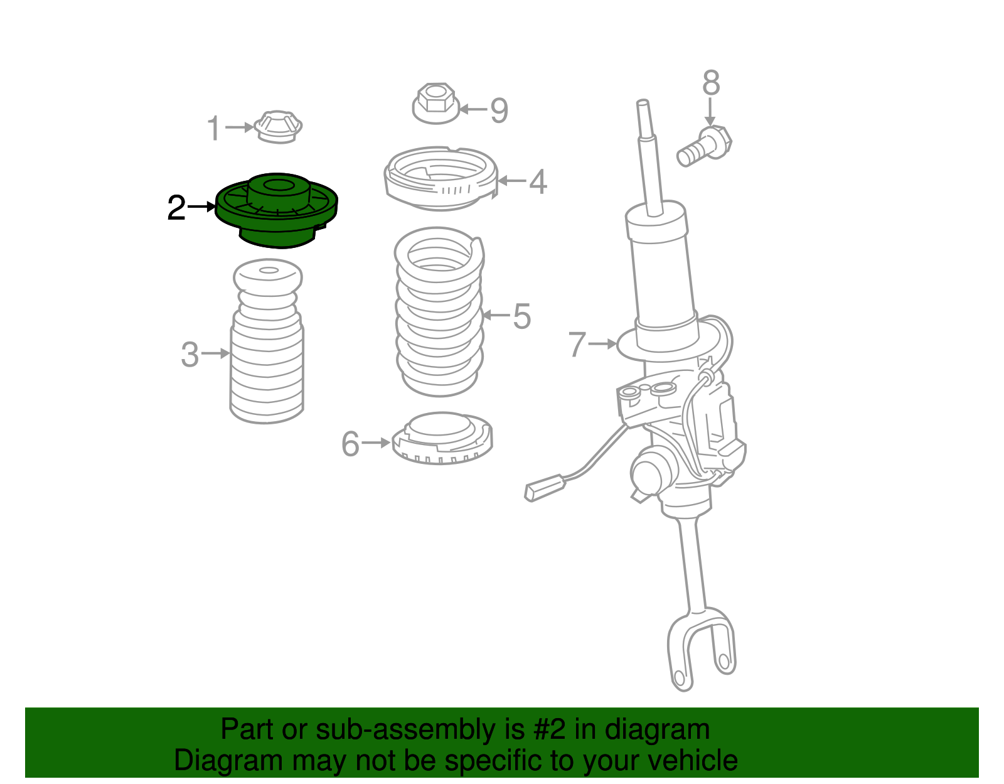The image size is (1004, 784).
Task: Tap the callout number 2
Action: point(176,208)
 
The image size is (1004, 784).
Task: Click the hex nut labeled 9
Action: point(435,103)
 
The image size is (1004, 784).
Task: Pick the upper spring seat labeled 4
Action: point(441,180)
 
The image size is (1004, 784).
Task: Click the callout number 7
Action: point(577,344)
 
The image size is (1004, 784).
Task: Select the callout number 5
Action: point(521,316)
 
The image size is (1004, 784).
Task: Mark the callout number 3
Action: point(190,355)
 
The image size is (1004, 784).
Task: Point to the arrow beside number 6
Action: point(376,443)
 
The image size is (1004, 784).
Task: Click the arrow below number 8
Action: point(710,112)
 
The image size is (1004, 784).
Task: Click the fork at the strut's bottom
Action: point(700,647)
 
